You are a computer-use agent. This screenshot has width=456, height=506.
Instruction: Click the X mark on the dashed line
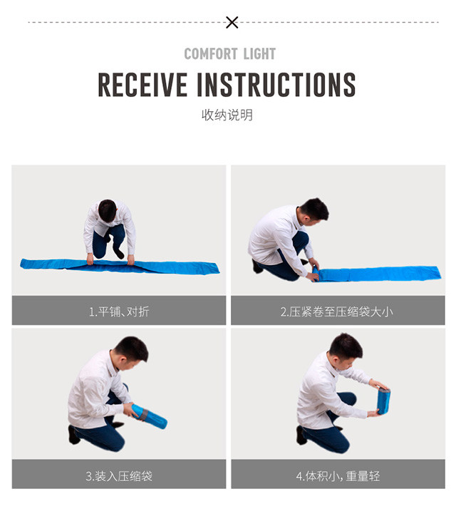point(232,22)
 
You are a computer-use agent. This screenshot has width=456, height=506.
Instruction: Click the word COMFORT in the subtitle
point(211,54)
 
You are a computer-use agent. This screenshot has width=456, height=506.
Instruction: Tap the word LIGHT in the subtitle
point(259,54)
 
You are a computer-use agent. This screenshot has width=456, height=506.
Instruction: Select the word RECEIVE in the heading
point(142,84)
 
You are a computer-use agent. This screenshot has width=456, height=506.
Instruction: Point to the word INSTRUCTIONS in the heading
point(276,84)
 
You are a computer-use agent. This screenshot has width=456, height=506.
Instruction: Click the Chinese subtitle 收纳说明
point(227,115)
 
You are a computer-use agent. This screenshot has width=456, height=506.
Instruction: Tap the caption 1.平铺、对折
point(119,311)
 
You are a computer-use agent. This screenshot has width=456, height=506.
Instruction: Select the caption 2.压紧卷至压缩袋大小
point(336,311)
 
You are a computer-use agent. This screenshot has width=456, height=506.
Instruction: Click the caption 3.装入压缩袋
point(119,476)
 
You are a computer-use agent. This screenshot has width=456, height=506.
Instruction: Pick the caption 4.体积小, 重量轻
point(338,476)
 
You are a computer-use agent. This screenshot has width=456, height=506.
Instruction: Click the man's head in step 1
point(107,210)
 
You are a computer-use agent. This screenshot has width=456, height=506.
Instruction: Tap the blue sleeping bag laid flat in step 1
point(120,266)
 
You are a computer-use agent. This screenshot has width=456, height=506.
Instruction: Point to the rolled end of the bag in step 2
point(316,275)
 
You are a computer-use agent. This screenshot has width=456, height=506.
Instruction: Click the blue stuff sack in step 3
point(150,416)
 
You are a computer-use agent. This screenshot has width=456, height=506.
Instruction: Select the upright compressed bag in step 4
point(383,401)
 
